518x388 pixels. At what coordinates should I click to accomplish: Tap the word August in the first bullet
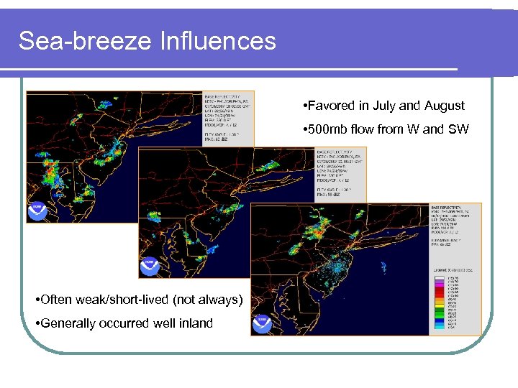(442, 106)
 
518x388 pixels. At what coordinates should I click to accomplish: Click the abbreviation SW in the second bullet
(458, 129)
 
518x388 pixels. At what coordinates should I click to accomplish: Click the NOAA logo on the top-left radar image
(37, 211)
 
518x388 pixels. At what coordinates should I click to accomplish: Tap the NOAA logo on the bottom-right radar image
(262, 324)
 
